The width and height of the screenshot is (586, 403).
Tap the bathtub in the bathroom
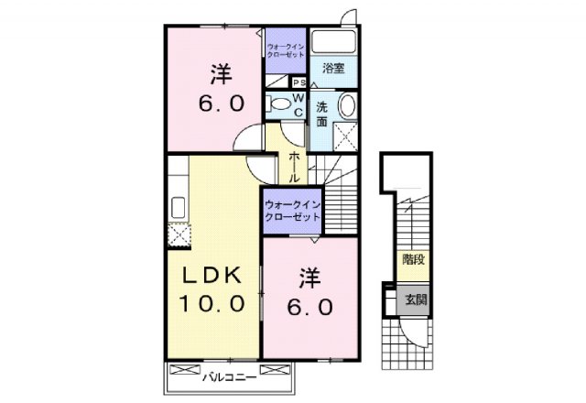pyautogui.click(x=331, y=42)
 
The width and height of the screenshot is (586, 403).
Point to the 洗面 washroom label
pyautogui.click(x=321, y=114)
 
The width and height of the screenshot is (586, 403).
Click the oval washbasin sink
pyautogui.click(x=348, y=105)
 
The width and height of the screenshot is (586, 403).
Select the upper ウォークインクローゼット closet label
pyautogui.click(x=285, y=49)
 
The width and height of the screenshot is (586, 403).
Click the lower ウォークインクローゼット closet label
pyautogui.click(x=292, y=212)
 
